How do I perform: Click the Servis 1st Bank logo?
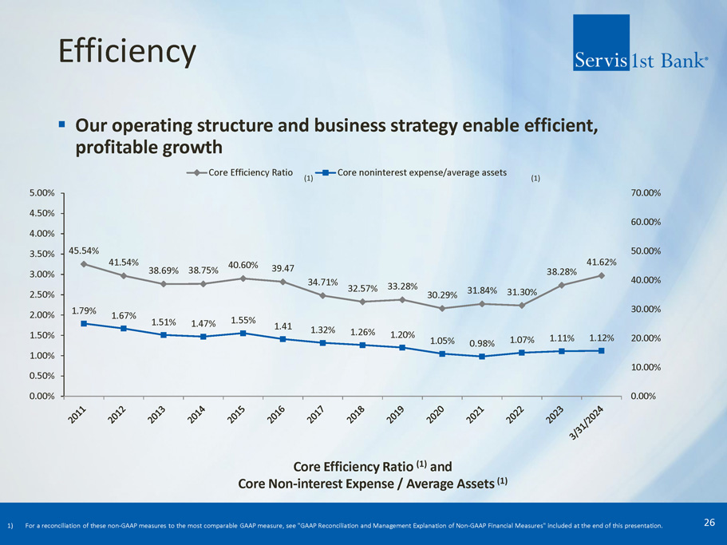[x=639, y=43]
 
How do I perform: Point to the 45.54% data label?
[x=84, y=250]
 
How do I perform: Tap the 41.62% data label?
[x=600, y=261]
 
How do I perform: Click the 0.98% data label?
[x=482, y=343]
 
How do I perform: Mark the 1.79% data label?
[x=84, y=310]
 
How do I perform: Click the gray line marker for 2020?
[x=442, y=308]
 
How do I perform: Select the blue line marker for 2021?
[x=482, y=357]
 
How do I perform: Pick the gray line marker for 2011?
[x=84, y=264]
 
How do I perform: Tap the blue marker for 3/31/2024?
[x=601, y=350]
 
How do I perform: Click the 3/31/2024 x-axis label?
[x=592, y=427]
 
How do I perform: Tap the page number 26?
[x=709, y=523]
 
